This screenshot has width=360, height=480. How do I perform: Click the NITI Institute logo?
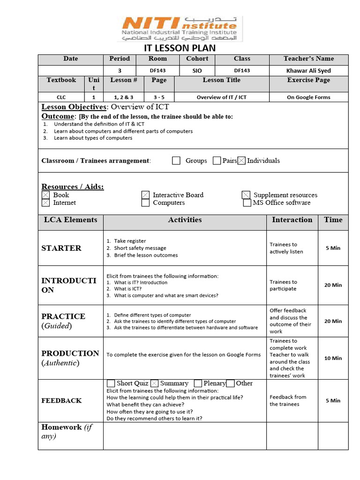pyautogui.click(x=180, y=29)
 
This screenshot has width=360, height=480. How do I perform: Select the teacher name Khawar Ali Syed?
pyautogui.click(x=308, y=71)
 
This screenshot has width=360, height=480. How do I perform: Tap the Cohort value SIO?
pyautogui.click(x=197, y=71)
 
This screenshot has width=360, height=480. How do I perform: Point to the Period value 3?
pyautogui.click(x=120, y=71)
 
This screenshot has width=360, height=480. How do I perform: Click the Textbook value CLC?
pyautogui.click(x=61, y=97)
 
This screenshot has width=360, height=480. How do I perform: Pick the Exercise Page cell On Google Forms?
pyautogui.click(x=308, y=97)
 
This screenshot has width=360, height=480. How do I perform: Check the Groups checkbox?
pyautogui.click(x=176, y=161)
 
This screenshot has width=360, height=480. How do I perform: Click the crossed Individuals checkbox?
pyautogui.click(x=241, y=161)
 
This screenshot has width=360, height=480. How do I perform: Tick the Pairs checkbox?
pyautogui.click(x=217, y=161)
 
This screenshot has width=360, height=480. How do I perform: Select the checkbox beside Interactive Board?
pyautogui.click(x=145, y=195)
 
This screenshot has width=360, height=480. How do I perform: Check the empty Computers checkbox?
pyautogui.click(x=145, y=203)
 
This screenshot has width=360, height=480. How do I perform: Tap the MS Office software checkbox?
pyautogui.click(x=247, y=203)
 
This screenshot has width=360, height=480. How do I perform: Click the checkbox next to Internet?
pyautogui.click(x=45, y=203)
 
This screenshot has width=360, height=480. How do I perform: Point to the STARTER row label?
pyautogui.click(x=61, y=248)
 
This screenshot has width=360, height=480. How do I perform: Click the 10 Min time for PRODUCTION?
pyautogui.click(x=333, y=358)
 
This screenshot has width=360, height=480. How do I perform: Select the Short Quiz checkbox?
pyautogui.click(x=111, y=383)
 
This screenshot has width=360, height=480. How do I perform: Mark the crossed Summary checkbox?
pyautogui.click(x=155, y=383)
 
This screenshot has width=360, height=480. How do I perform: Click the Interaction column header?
pyautogui.click(x=292, y=220)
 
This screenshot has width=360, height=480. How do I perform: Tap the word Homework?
pyautogui.click(x=61, y=427)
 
